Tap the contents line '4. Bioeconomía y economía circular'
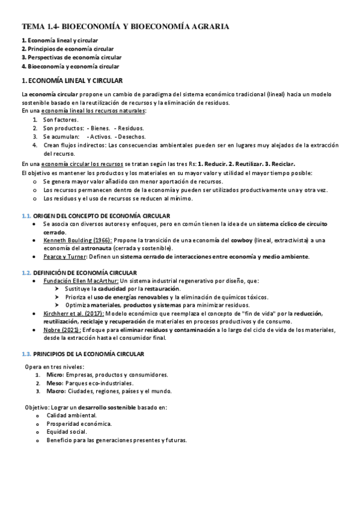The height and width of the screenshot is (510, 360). click(x=70, y=66)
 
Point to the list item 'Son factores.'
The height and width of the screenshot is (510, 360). click(x=61, y=120)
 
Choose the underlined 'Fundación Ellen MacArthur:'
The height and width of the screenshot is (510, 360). click(x=81, y=281)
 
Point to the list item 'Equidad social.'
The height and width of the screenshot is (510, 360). click(x=66, y=431)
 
